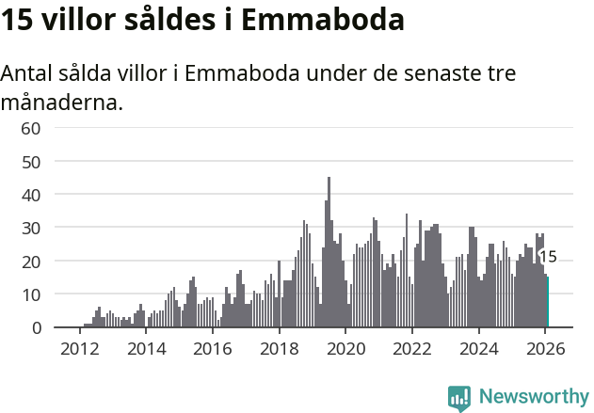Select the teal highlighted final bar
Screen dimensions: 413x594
pos(547,301)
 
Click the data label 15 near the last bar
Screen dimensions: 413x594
pos(547,257)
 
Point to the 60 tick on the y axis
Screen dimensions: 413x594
pos(31,128)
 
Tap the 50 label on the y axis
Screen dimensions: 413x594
pos(31,161)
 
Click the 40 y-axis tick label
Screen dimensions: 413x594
pos(31,195)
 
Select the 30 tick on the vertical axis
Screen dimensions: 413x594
pos(31,228)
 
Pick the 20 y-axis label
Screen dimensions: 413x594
pos(31,261)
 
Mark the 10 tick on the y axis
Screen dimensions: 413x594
pos(31,294)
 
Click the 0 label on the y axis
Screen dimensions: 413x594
pos(36,327)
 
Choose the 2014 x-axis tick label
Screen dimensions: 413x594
pos(146,348)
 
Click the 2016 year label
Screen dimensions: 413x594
pos(212,348)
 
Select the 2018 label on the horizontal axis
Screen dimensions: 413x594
pos(279,348)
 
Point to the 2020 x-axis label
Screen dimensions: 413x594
pos(345,348)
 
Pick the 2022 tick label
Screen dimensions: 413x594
pos(411,348)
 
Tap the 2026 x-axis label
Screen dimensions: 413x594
pos(545,348)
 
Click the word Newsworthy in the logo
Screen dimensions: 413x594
pos(533,396)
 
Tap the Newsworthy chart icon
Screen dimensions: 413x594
pos(459,397)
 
